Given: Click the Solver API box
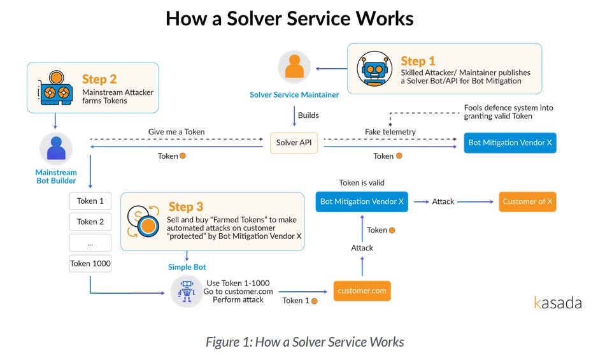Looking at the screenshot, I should (x=294, y=143).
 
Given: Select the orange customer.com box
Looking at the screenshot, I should (x=362, y=291).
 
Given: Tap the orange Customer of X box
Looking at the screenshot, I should (x=527, y=201).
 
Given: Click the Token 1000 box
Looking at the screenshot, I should (x=90, y=263).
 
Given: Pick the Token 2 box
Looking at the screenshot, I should (x=90, y=222).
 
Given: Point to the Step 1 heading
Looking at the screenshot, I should (x=418, y=61).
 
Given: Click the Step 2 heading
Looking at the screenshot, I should (x=99, y=80).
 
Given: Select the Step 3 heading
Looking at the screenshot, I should (x=186, y=207).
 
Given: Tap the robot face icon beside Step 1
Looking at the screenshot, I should (x=374, y=69).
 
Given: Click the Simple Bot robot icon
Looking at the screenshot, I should (x=187, y=291).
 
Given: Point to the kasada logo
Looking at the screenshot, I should (x=557, y=303).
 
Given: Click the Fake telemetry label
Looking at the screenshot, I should (x=390, y=132).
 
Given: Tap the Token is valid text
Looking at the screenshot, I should (x=362, y=183).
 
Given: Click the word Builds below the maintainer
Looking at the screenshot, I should (x=309, y=115).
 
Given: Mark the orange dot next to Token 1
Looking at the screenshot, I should (x=314, y=301).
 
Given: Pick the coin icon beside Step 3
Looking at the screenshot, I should (x=143, y=221).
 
